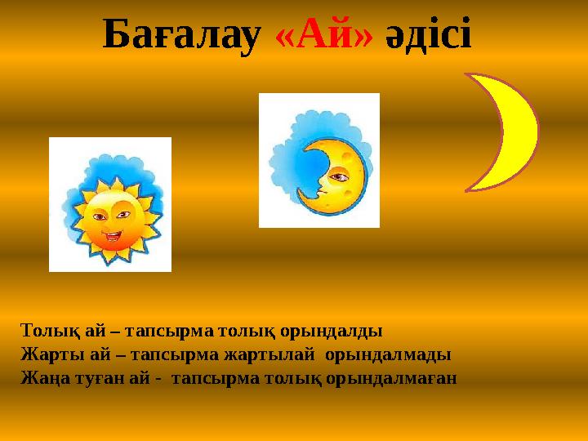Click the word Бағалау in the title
point(180,34)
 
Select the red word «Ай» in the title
point(324,34)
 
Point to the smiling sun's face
point(109,220)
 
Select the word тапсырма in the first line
point(170,332)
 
